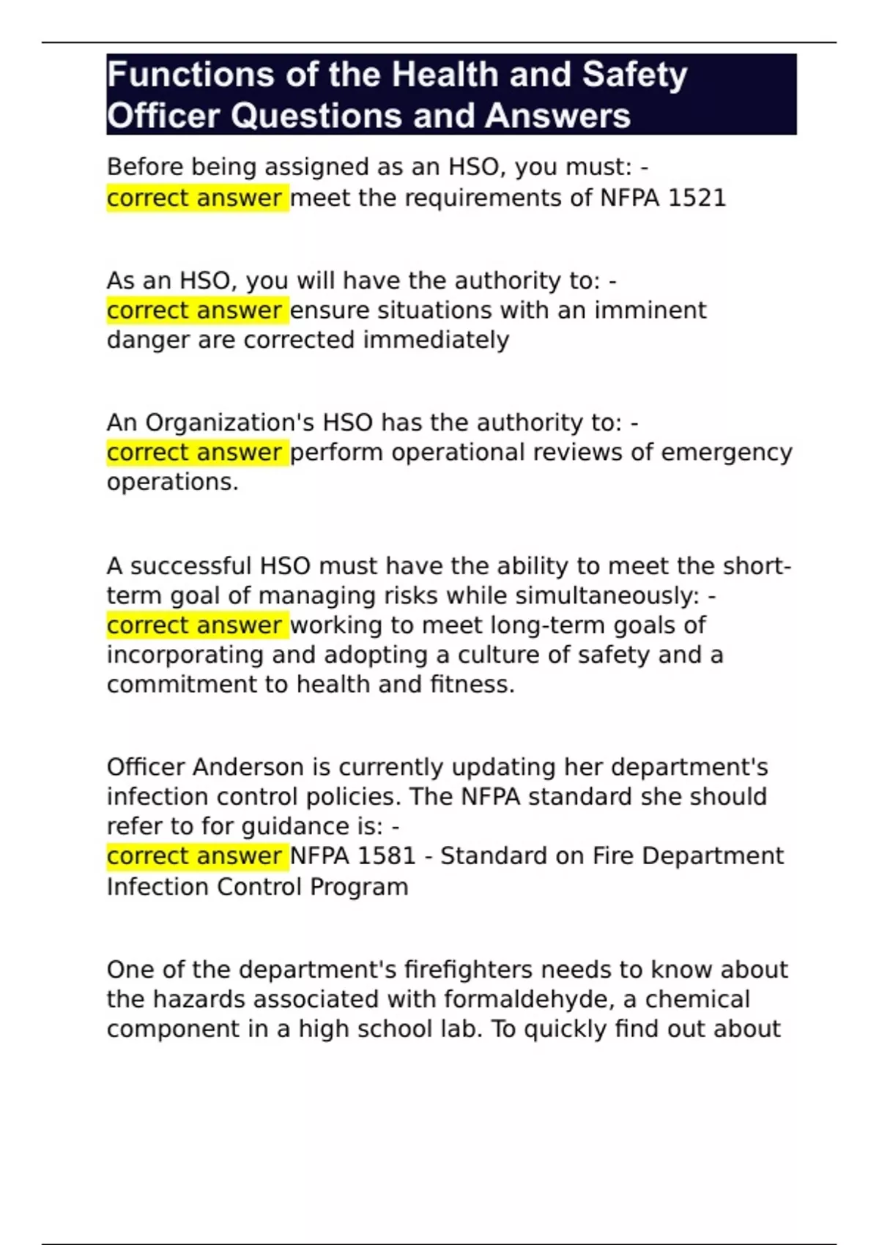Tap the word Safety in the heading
(634, 75)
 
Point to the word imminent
(650, 311)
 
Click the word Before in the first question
(145, 167)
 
